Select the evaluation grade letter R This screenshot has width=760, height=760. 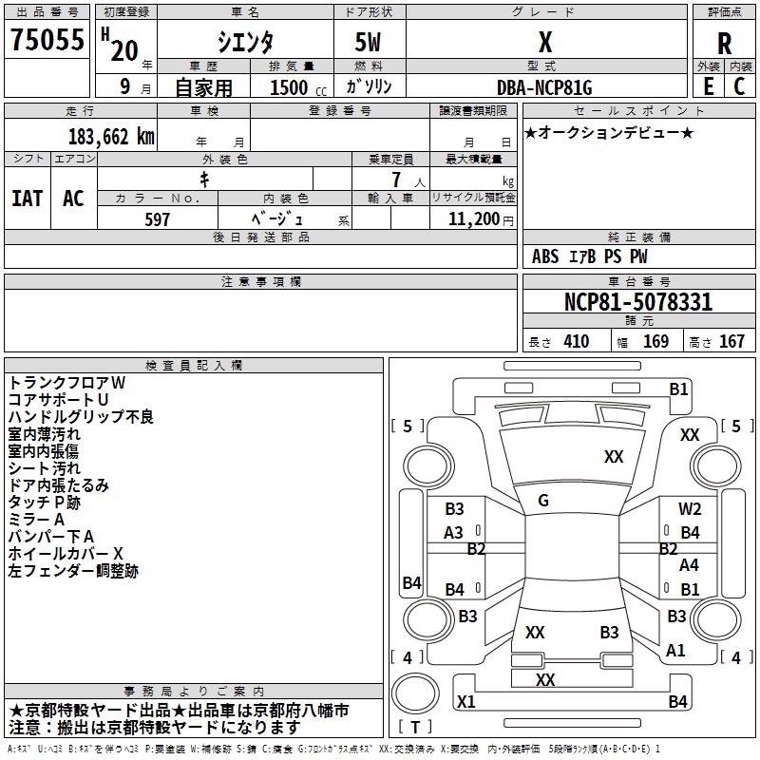(724, 44)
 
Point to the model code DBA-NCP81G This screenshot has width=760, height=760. (544, 88)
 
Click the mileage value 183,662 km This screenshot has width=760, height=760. (111, 137)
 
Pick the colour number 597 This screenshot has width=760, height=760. (157, 219)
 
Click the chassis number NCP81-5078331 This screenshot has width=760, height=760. (638, 303)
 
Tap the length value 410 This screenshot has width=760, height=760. (576, 342)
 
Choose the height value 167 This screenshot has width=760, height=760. (731, 342)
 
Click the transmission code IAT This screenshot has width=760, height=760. (27, 199)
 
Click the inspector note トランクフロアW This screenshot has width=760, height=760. (66, 383)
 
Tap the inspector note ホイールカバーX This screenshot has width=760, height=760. (66, 554)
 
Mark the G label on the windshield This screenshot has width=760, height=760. (543, 501)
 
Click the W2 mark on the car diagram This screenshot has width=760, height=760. (690, 509)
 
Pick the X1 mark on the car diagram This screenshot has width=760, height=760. (465, 702)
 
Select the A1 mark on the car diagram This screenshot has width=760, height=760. (675, 651)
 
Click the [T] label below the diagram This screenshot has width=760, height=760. (415, 728)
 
